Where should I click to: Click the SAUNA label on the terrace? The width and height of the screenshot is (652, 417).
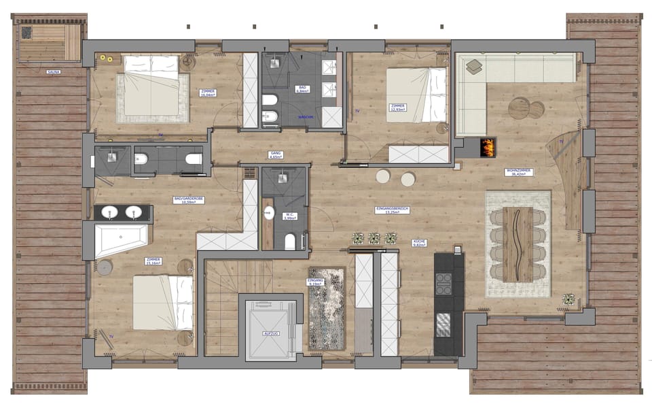click(53, 71)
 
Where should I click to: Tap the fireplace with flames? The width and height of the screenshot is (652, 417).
click(487, 146)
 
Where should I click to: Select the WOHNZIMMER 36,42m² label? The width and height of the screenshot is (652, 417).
click(518, 172)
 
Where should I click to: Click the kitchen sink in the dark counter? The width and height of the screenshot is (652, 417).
click(443, 322)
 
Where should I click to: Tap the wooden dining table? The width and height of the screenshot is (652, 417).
click(518, 244)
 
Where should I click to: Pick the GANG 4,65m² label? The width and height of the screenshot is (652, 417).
click(275, 155)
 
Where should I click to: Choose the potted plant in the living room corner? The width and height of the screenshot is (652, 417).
click(568, 299)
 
